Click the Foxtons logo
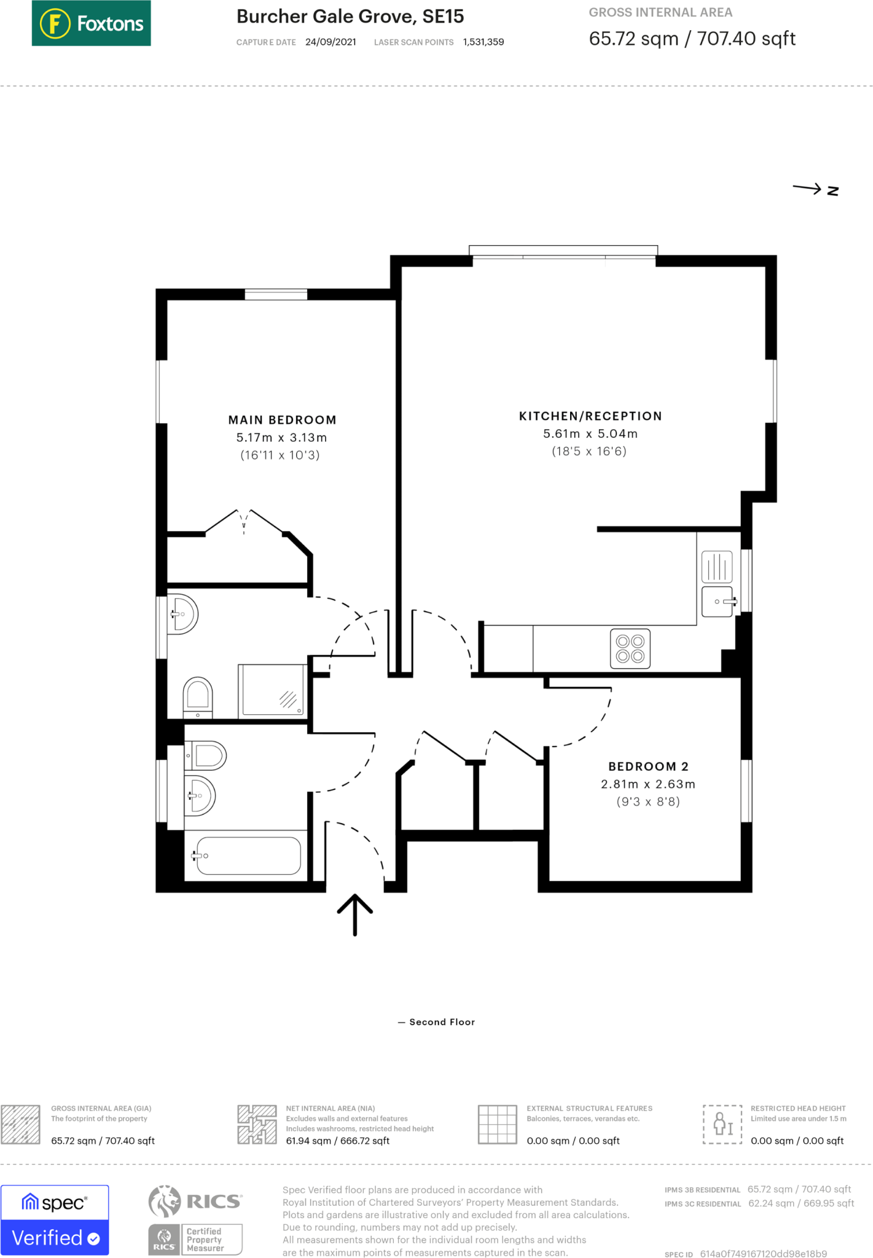[x=91, y=23]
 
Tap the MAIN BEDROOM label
[x=282, y=420]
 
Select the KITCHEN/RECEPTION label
[x=590, y=416]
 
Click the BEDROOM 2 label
[x=648, y=767]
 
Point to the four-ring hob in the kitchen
[x=630, y=649]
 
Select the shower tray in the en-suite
[x=272, y=690]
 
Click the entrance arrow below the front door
[x=354, y=914]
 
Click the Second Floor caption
[x=441, y=1022]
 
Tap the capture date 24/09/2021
[x=331, y=42]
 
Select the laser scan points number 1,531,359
[x=483, y=42]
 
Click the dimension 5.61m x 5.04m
[x=590, y=434]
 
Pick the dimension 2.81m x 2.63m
[x=648, y=784]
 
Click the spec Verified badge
[x=55, y=1220]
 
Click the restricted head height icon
[x=722, y=1124]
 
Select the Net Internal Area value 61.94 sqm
[x=337, y=1141]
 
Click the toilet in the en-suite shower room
[x=198, y=697]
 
